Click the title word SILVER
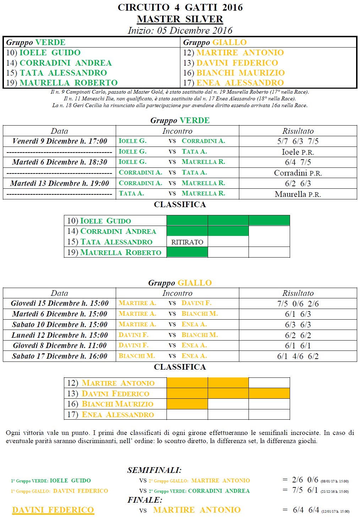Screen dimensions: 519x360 click(204, 19)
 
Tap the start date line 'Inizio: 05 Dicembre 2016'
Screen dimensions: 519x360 click(180, 31)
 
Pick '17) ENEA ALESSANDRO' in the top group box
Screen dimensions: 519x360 click(233, 83)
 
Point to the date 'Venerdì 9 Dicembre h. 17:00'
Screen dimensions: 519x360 click(59, 141)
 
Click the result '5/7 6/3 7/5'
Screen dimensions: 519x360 click(298, 141)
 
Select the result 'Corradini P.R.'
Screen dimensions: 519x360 click(298, 173)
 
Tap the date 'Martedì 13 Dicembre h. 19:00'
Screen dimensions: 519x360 click(59, 183)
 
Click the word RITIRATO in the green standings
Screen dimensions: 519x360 click(187, 242)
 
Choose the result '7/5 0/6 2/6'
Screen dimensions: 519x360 click(298, 304)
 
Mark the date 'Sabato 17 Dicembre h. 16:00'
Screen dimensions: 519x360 click(59, 356)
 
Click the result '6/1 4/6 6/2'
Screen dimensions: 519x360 click(298, 356)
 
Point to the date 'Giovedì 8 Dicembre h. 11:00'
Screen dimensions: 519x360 click(59, 346)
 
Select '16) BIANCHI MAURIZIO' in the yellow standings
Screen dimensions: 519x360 click(110, 404)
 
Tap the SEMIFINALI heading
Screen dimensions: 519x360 click(154, 470)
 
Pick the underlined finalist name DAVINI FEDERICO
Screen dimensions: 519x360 click(53, 510)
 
